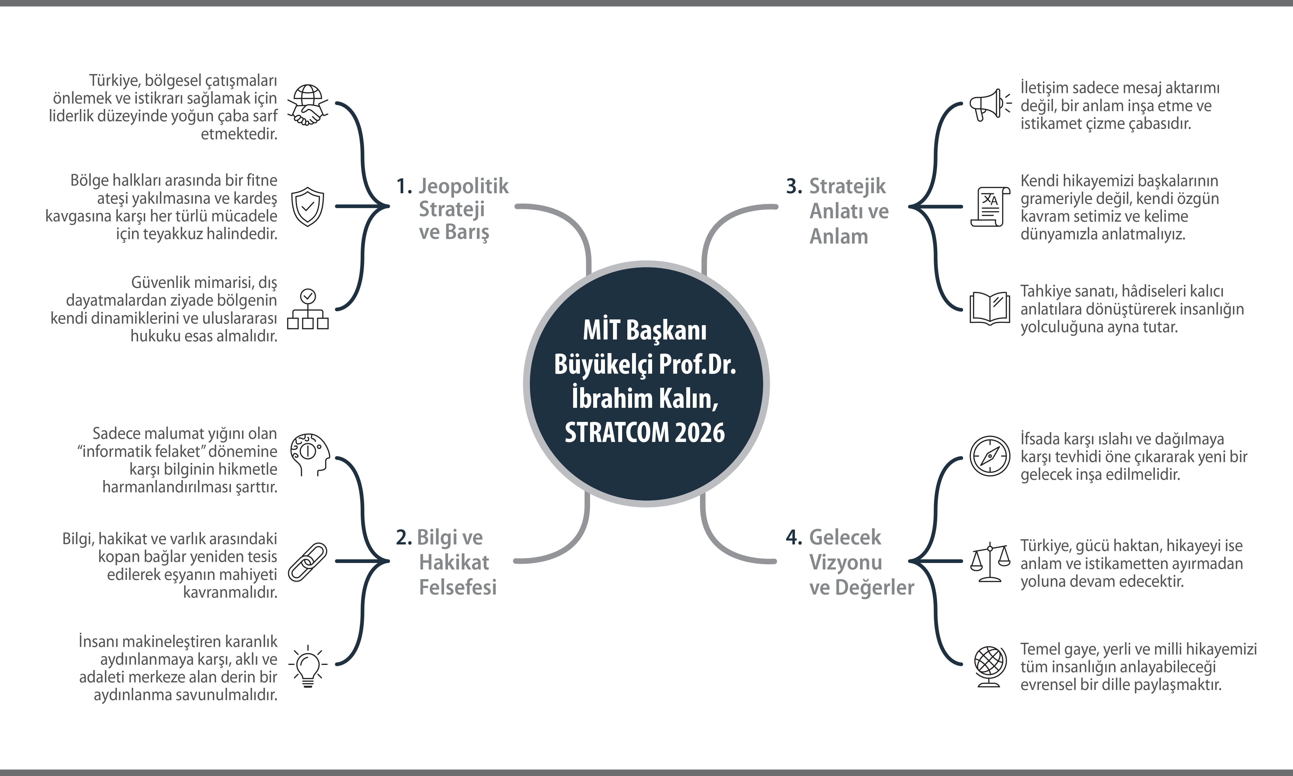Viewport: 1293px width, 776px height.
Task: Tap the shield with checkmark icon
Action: pyautogui.click(x=307, y=207)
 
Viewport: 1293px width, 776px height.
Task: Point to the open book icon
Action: pyautogui.click(x=989, y=308)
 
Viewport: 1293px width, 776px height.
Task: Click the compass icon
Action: pyautogui.click(x=989, y=456)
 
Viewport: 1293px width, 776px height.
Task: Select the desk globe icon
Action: pyautogui.click(x=989, y=667)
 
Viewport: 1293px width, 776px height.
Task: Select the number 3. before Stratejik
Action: pyautogui.click(x=794, y=186)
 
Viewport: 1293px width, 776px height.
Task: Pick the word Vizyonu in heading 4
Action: pyautogui.click(x=845, y=562)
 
